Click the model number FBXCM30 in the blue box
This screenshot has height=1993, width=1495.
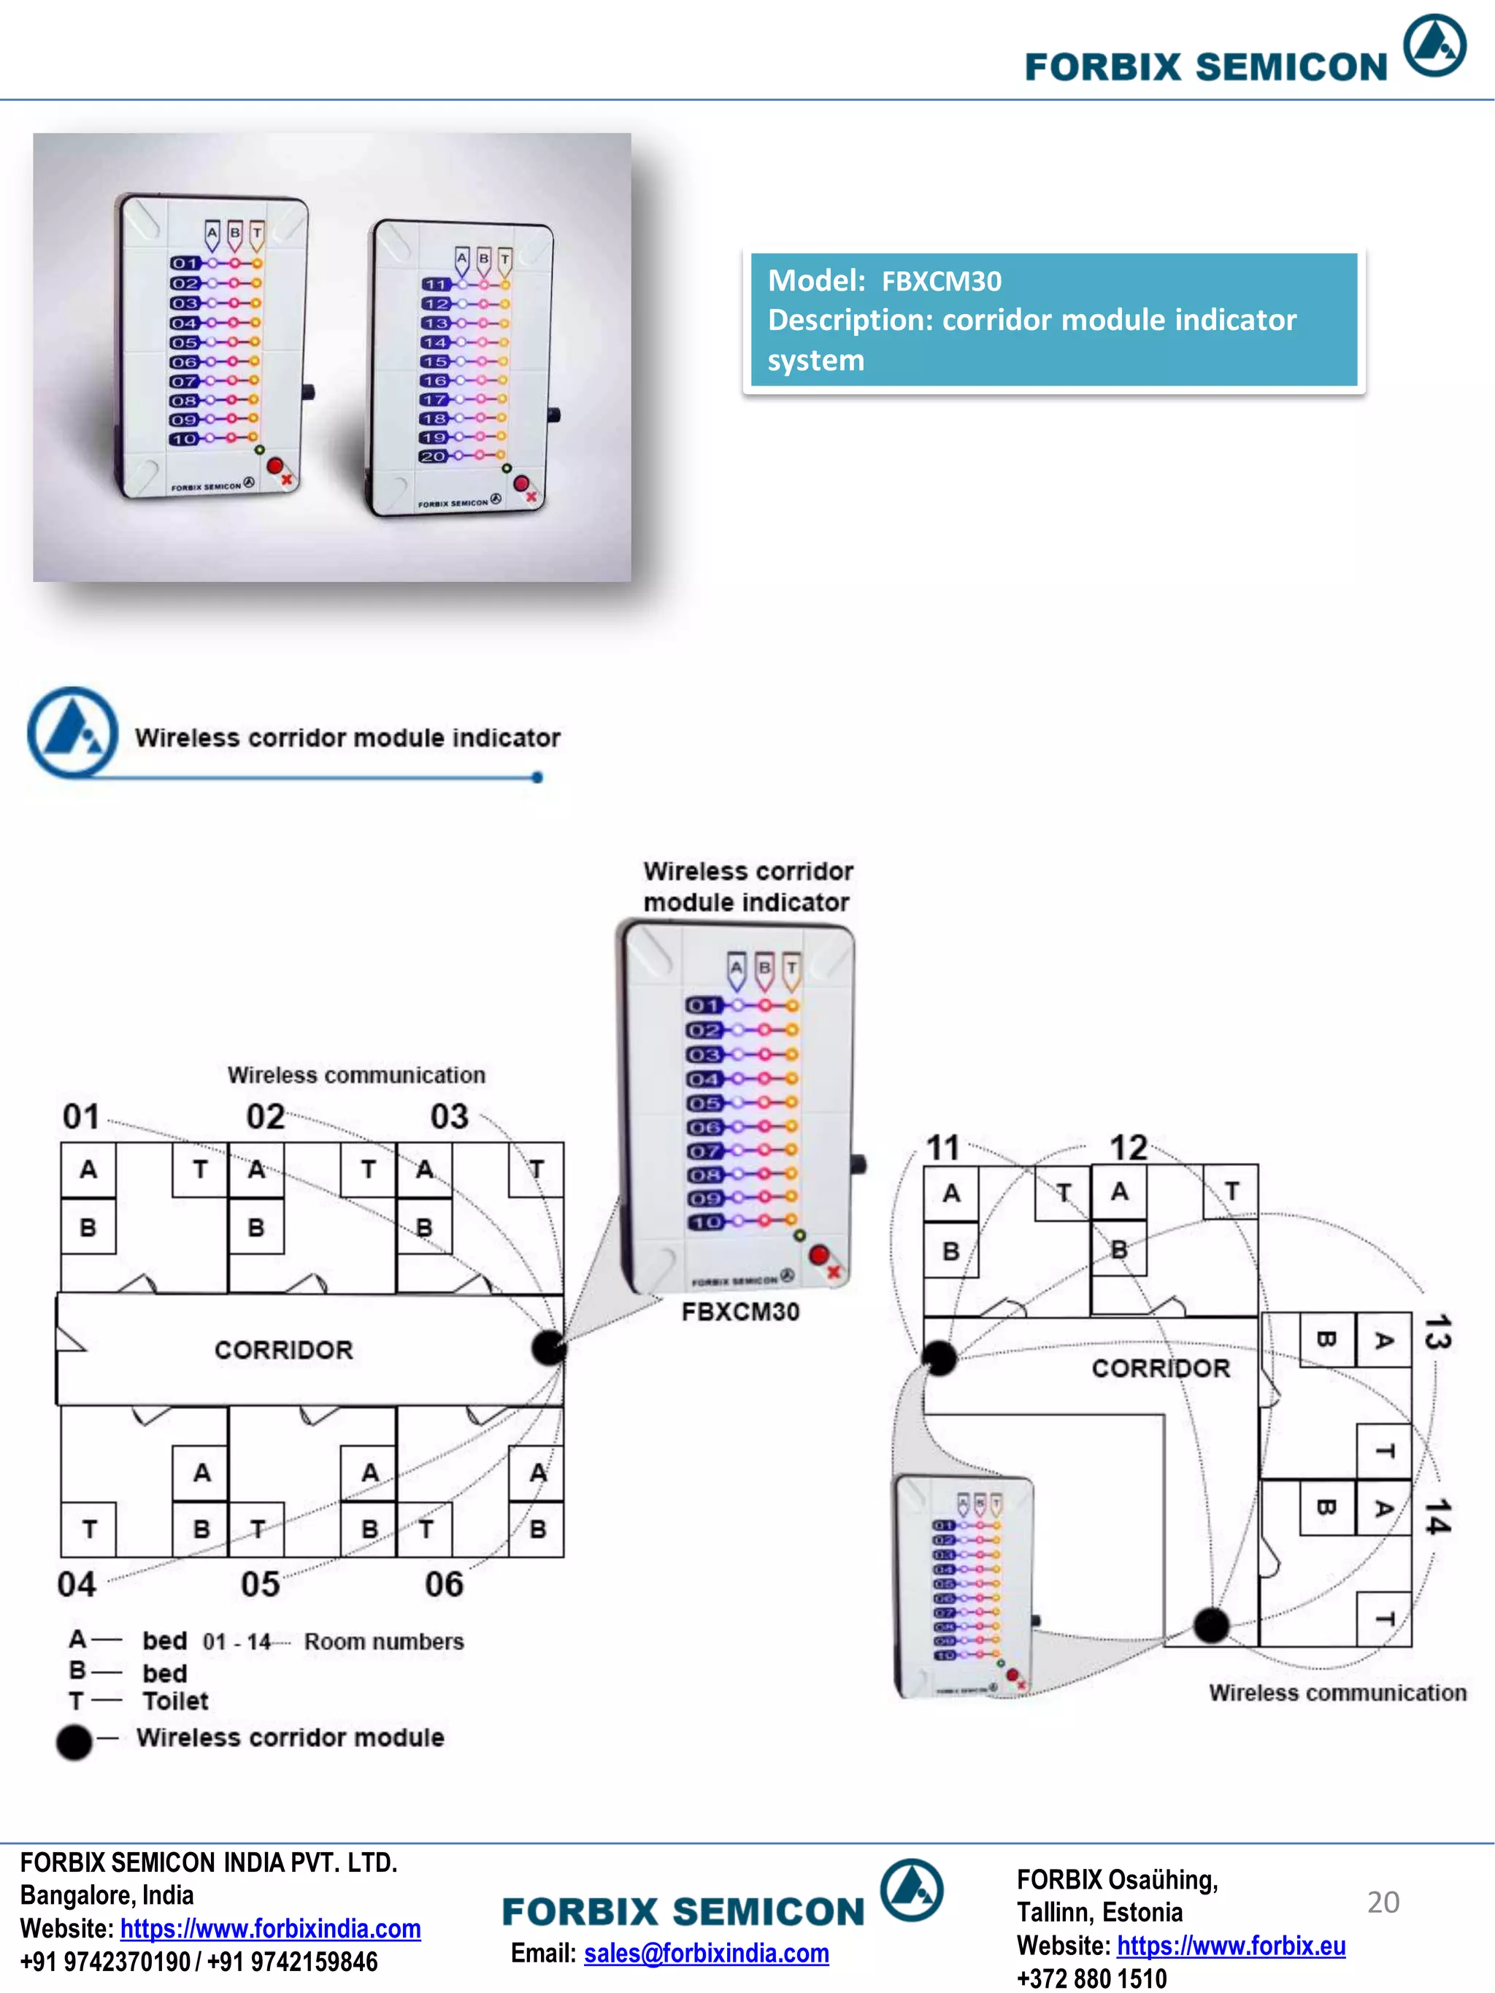tap(941, 282)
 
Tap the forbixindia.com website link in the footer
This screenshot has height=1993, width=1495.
tap(269, 1928)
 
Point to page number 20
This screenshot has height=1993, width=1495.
tap(1383, 1901)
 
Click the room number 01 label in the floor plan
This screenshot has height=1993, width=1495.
tap(81, 1117)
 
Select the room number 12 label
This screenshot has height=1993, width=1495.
tap(1127, 1147)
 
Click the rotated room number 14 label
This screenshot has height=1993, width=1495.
tap(1437, 1516)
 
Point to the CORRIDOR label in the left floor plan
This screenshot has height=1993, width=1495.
tap(283, 1350)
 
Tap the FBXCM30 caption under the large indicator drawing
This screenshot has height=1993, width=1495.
tap(740, 1312)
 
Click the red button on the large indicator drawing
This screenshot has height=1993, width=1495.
tap(818, 1254)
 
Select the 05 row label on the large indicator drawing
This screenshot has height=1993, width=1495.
tap(704, 1103)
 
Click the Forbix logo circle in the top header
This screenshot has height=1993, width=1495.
tap(1434, 45)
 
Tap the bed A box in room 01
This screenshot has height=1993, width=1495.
tap(88, 1170)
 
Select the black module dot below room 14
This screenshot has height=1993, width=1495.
tap(1211, 1624)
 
